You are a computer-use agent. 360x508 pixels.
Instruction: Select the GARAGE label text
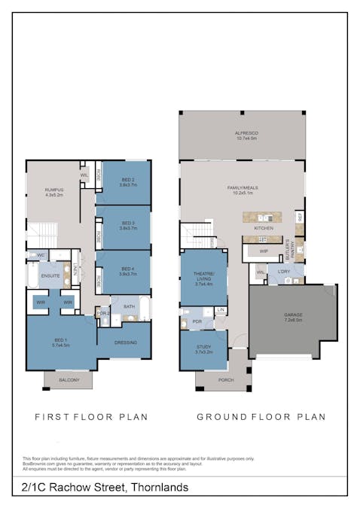point(292,315)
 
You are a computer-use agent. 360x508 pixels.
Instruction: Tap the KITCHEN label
point(263,228)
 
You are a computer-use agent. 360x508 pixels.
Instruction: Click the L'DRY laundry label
point(284,271)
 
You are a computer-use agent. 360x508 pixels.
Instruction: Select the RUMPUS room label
point(53,190)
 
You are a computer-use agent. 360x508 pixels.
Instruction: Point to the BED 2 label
point(127,181)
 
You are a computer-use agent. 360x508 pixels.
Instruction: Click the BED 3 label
point(127,224)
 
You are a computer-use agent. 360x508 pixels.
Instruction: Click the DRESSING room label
point(125,342)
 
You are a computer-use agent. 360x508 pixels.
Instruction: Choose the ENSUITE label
point(50,276)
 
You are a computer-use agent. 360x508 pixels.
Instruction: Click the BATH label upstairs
point(129,306)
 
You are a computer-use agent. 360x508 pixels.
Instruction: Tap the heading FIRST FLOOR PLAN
point(91,416)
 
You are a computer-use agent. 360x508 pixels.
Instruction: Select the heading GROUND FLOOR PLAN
point(261,416)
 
